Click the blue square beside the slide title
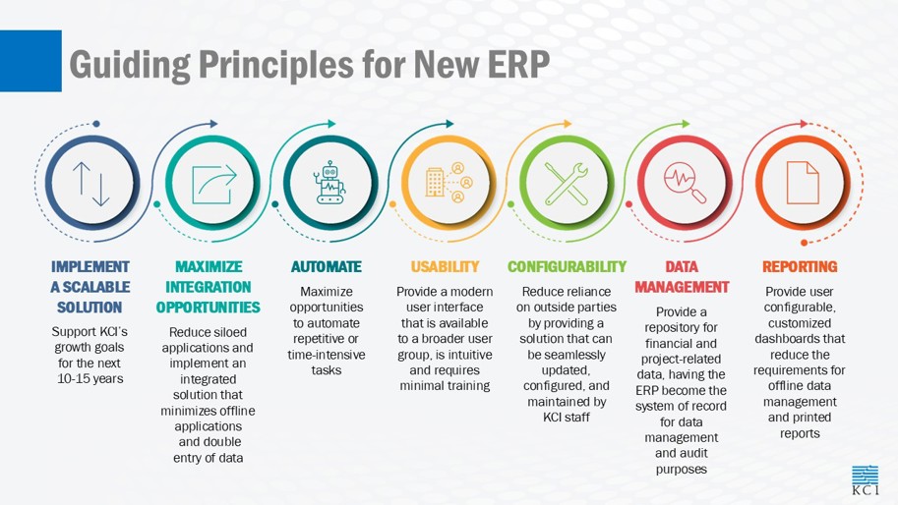(30, 61)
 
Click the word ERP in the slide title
(519, 64)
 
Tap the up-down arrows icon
(91, 184)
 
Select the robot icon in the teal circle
(329, 183)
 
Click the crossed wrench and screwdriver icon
(566, 184)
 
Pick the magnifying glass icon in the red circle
(685, 183)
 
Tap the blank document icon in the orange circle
(803, 183)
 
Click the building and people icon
(449, 183)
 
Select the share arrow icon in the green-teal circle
(213, 184)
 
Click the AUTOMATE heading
(327, 266)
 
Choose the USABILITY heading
(445, 266)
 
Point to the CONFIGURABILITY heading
(567, 266)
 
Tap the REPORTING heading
(800, 266)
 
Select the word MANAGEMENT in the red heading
(682, 287)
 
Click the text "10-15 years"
(90, 378)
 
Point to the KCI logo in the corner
(865, 480)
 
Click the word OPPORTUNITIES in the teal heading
(208, 308)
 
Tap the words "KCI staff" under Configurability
(566, 418)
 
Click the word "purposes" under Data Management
(681, 470)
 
